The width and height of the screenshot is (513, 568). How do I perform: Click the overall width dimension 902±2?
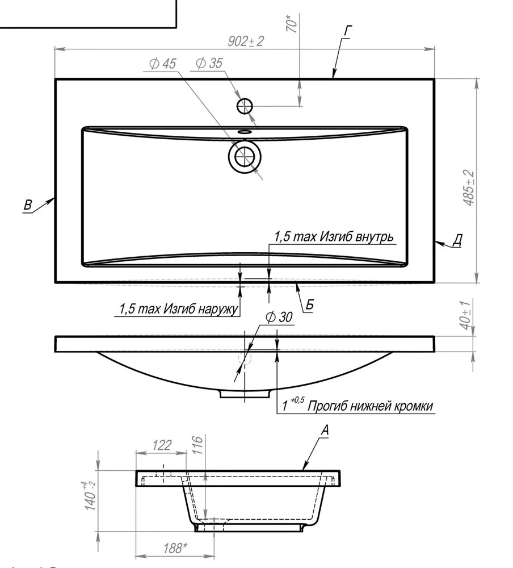(246, 41)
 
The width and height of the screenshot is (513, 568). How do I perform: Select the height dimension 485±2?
(469, 188)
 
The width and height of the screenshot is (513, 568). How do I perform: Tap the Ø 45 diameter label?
(162, 64)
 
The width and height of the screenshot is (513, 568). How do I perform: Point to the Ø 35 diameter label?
(209, 64)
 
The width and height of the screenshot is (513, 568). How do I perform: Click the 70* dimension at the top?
(292, 23)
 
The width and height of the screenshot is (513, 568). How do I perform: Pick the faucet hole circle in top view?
(245, 106)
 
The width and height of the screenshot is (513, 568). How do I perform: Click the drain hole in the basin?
(245, 157)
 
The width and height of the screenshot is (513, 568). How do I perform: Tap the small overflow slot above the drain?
(245, 132)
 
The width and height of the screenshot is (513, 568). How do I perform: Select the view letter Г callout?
(347, 31)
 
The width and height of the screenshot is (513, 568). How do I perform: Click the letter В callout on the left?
(28, 205)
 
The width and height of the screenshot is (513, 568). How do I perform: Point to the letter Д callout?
(457, 240)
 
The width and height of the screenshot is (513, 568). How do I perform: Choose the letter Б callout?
(309, 304)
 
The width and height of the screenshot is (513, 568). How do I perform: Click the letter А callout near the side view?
(325, 431)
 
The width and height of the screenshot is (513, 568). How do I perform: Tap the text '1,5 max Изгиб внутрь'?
(334, 237)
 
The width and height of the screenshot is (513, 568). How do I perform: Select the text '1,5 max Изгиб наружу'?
(179, 309)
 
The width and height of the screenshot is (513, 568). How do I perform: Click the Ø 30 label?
(279, 318)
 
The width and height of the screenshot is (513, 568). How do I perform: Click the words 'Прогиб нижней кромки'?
(371, 406)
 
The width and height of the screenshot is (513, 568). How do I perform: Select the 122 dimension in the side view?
(162, 445)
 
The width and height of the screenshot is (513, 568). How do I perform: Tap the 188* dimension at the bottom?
(175, 549)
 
